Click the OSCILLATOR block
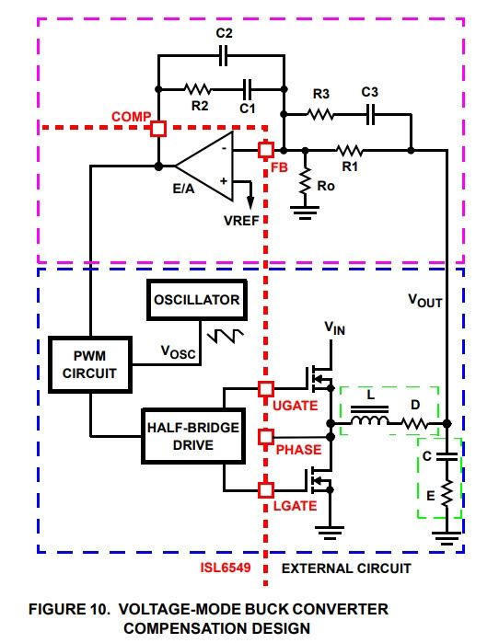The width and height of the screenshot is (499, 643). click(197, 300)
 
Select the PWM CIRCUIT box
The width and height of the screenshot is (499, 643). click(90, 364)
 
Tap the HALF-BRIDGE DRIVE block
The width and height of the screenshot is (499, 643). click(193, 436)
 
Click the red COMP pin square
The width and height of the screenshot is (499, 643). click(158, 129)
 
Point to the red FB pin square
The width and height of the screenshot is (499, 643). click(266, 150)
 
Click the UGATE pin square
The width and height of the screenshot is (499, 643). click(266, 389)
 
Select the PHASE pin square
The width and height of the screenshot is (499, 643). click(266, 437)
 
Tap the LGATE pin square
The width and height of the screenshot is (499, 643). click(266, 490)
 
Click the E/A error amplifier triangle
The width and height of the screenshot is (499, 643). click(204, 166)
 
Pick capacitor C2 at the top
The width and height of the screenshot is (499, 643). click(223, 55)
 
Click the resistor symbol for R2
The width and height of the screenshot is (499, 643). click(197, 89)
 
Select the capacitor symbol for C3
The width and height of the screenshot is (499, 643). click(370, 115)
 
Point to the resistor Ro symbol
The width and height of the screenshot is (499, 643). click(305, 180)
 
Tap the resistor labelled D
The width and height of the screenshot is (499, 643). click(414, 423)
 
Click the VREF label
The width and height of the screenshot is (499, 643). click(242, 221)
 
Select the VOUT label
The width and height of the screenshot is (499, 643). click(425, 301)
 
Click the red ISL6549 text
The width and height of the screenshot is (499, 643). click(226, 568)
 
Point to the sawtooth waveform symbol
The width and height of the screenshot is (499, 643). click(226, 336)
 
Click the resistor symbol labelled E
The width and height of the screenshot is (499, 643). click(447, 493)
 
